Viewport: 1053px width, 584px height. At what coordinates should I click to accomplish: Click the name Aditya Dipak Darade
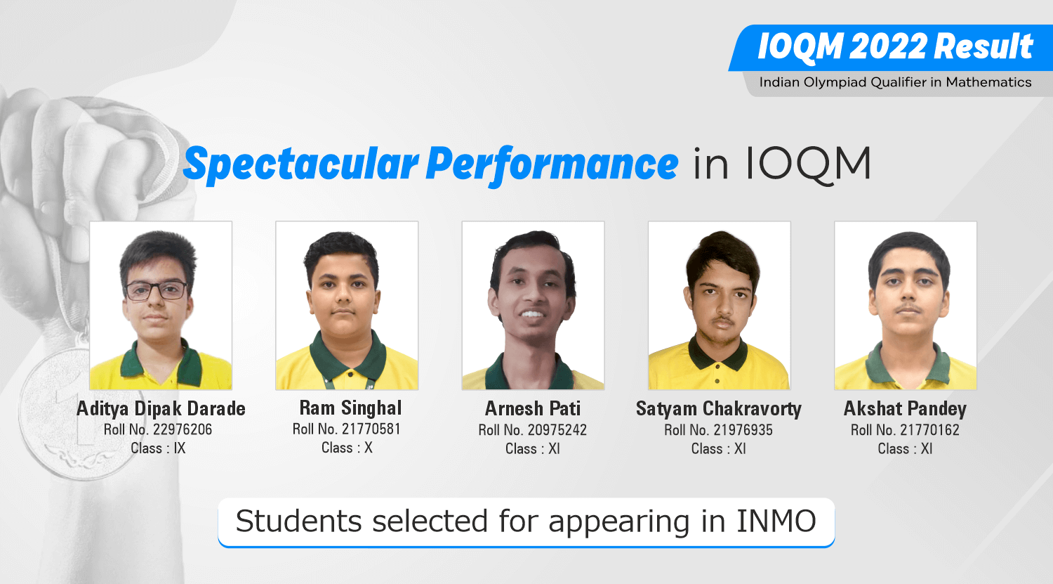click(161, 409)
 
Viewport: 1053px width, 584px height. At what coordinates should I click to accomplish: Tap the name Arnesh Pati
click(533, 408)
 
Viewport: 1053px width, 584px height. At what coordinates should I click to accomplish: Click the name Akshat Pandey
click(905, 409)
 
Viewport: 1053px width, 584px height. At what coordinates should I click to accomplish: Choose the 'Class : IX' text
click(158, 448)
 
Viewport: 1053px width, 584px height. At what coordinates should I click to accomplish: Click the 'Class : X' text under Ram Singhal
click(347, 448)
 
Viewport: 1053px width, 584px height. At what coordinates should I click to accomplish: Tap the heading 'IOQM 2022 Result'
click(895, 46)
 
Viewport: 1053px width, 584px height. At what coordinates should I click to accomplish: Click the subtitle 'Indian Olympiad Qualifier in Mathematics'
click(895, 82)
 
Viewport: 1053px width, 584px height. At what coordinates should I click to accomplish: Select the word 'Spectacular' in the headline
click(301, 164)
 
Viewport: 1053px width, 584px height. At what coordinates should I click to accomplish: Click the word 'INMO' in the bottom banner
click(776, 521)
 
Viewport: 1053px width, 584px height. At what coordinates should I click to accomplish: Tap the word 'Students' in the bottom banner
click(299, 521)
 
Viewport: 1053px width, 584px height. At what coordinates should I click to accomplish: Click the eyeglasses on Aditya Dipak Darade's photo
click(156, 291)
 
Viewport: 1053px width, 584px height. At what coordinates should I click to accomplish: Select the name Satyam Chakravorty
click(719, 409)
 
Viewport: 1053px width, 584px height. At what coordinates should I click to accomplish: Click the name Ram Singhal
click(351, 408)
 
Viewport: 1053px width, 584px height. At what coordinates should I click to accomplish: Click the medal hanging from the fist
click(75, 412)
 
